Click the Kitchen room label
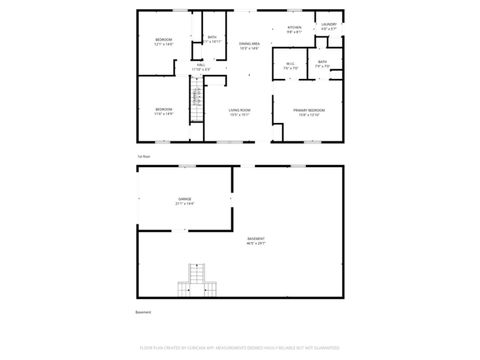pos(294,27)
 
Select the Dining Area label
pos(250,44)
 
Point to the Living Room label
pos(239,110)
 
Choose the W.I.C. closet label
pos(290,65)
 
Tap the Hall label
pos(201,65)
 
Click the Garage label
pos(185,200)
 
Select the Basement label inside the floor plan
pos(257,237)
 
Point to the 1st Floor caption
pos(144,157)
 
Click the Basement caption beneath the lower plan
pos(143,313)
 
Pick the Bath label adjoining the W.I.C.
pos(322,62)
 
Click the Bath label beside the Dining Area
pos(212,37)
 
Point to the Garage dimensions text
pos(185,205)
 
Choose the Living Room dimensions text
pos(239,115)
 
